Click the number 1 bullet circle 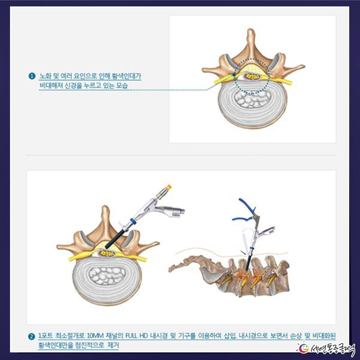tap(32, 76)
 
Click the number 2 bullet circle tap(32, 337)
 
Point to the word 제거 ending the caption tap(113, 345)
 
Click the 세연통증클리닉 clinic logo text tap(333, 348)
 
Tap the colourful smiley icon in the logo tap(303, 348)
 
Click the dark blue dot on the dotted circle tap(234, 75)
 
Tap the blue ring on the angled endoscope tap(133, 221)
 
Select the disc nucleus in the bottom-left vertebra tap(107, 276)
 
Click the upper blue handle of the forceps tap(247, 205)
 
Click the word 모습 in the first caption tap(122, 86)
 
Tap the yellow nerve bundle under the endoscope tap(106, 254)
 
